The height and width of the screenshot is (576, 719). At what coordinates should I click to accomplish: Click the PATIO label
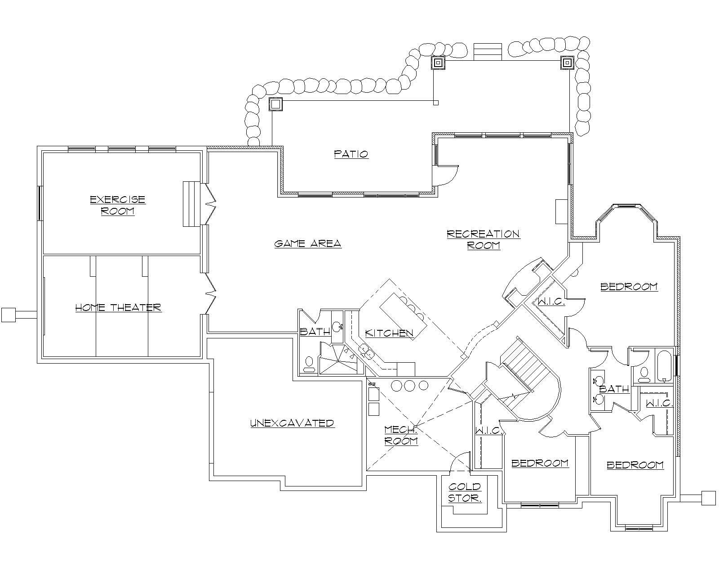(351, 154)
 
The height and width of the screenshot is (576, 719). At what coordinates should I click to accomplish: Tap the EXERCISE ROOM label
(117, 205)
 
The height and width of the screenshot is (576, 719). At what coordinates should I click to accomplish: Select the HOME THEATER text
(118, 308)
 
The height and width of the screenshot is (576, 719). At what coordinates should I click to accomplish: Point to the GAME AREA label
(308, 244)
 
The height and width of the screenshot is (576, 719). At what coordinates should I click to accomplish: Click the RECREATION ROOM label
(484, 239)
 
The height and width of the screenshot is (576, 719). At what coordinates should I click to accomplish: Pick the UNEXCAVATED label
(292, 423)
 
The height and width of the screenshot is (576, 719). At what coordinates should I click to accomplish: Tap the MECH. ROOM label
(401, 435)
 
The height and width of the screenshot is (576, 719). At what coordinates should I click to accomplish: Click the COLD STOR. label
(465, 492)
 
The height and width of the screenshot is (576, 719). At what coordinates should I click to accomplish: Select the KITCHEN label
(389, 333)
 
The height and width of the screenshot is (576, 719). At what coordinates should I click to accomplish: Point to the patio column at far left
(275, 104)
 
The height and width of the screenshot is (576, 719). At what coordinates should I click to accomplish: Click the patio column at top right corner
(568, 63)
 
